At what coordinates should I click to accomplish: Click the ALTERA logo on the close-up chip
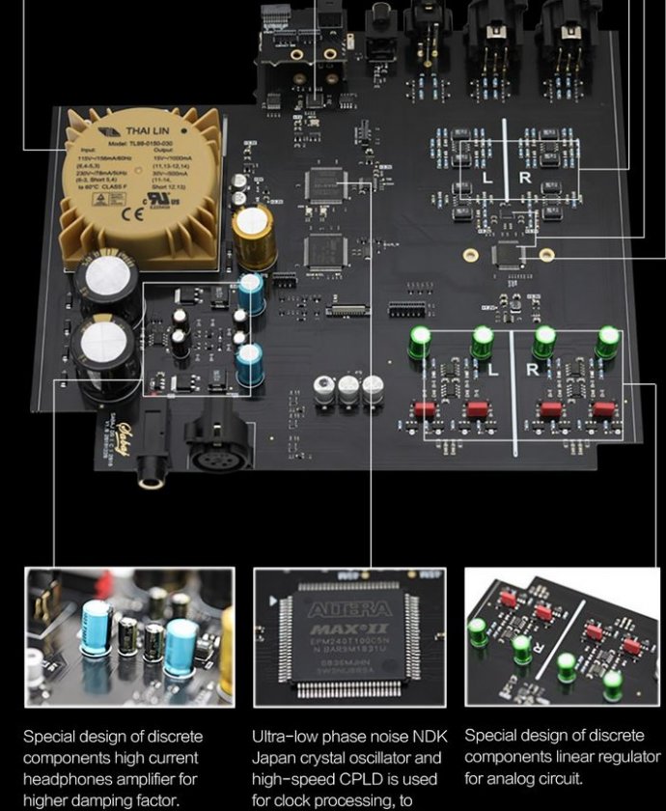[x=349, y=609]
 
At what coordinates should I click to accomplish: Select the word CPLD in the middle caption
[x=359, y=778]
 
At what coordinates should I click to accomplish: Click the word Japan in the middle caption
[x=274, y=758]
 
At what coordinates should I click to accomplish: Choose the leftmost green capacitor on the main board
[x=421, y=342]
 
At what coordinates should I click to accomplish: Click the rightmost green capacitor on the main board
[x=607, y=341]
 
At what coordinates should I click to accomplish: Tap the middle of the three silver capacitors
[x=349, y=389]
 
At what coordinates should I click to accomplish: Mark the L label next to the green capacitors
[x=492, y=370]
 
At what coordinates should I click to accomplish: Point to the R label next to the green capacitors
[x=532, y=370]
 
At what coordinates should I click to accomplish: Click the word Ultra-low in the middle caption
[x=285, y=738]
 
